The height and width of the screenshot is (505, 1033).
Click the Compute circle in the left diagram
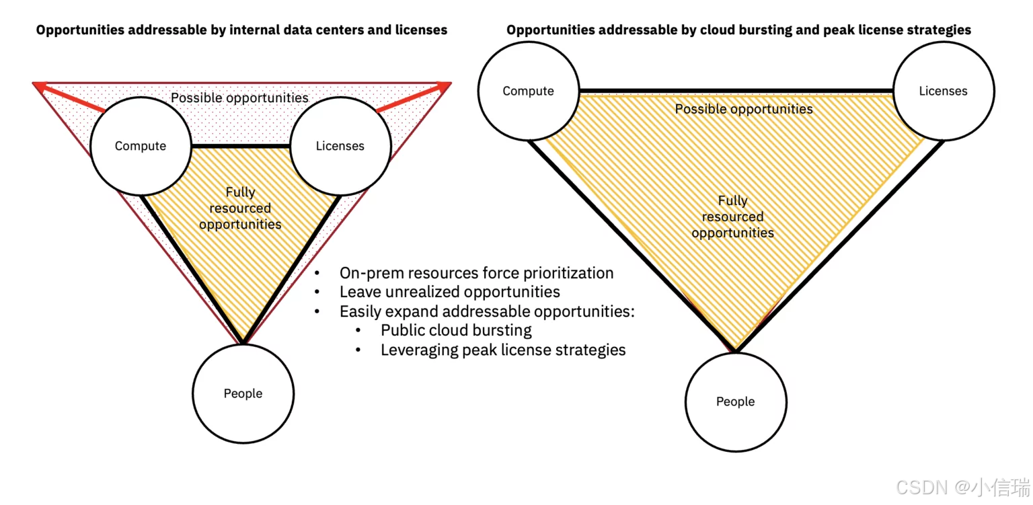click(141, 146)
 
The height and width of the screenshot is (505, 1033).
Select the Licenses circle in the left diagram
click(340, 146)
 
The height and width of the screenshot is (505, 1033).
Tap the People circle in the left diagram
click(243, 393)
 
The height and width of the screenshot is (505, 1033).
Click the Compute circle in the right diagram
click(529, 91)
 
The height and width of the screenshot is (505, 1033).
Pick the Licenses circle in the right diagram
click(943, 91)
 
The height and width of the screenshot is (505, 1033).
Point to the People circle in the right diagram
click(736, 401)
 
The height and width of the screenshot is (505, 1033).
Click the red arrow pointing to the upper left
click(71, 97)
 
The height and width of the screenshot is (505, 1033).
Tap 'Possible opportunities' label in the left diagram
click(239, 98)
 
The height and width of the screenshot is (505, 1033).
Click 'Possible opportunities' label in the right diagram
click(744, 109)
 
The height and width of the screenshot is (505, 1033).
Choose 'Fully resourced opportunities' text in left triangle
click(240, 208)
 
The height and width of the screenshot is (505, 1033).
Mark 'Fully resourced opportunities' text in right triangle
click(732, 217)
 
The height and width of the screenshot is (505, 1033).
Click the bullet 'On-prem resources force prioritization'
click(476, 273)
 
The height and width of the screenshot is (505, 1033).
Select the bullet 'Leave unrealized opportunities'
click(449, 292)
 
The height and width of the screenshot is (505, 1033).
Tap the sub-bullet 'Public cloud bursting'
click(456, 330)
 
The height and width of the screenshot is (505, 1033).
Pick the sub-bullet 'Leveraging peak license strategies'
click(503, 350)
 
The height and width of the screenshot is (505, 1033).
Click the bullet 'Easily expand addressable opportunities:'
click(487, 311)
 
